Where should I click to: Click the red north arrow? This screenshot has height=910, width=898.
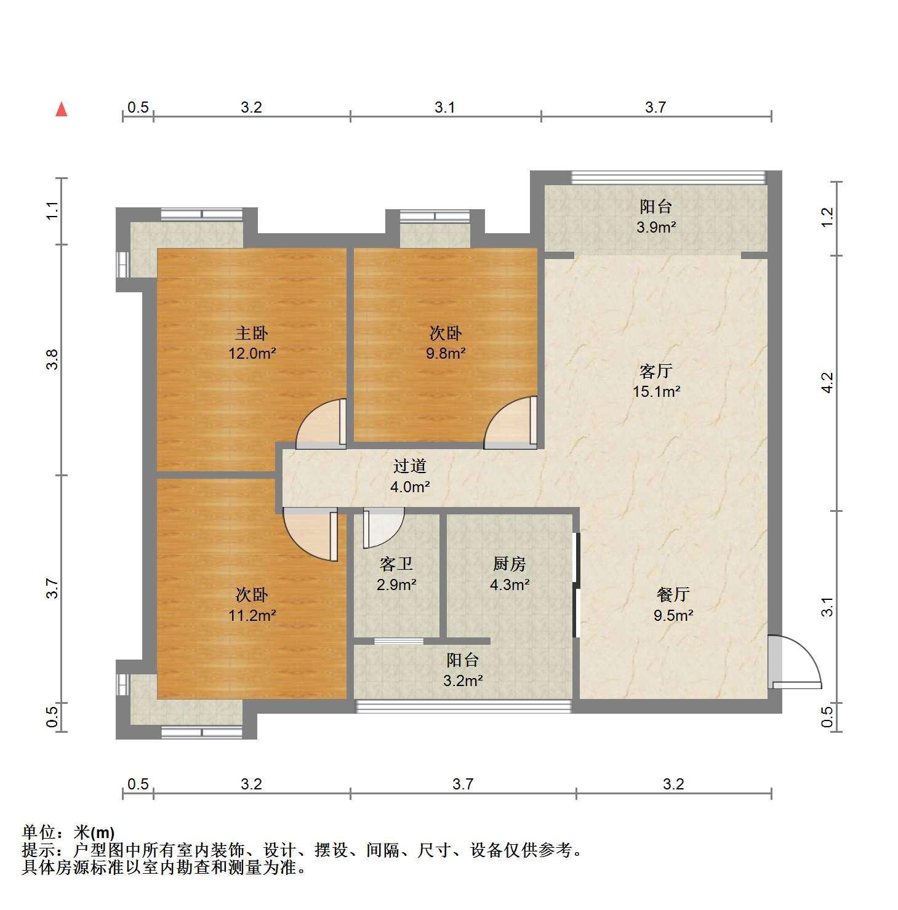click(x=61, y=110)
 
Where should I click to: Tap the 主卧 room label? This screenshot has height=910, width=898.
click(x=252, y=333)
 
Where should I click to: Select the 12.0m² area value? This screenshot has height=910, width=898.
click(x=252, y=354)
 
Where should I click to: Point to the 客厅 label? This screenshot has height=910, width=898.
click(x=656, y=372)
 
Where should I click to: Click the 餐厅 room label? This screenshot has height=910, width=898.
click(x=673, y=595)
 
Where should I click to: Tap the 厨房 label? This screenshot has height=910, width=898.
click(x=510, y=564)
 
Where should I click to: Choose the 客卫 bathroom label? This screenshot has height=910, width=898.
click(x=396, y=564)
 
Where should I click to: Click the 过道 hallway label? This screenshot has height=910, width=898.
click(x=410, y=466)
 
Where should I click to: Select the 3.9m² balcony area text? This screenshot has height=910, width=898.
click(x=656, y=227)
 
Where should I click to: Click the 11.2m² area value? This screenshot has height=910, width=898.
click(x=252, y=615)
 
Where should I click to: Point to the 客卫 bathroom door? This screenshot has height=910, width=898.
click(x=383, y=528)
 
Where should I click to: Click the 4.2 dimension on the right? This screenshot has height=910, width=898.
click(x=828, y=383)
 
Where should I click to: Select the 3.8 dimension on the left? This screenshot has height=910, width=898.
click(x=54, y=359)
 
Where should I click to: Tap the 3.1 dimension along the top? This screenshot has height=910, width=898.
click(x=445, y=108)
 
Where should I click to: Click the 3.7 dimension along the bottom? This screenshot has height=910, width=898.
click(x=463, y=784)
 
